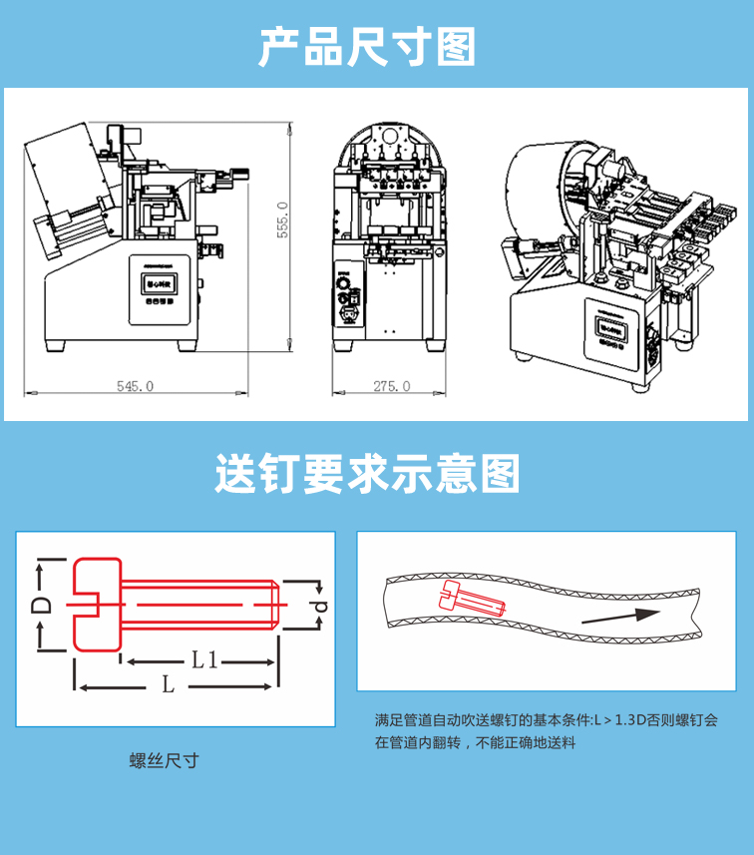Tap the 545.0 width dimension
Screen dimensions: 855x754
pyautogui.click(x=135, y=386)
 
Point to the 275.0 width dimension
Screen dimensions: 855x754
pyautogui.click(x=391, y=386)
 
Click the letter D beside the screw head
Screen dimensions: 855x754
pyautogui.click(x=42, y=605)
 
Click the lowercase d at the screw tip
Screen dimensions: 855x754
pyautogui.click(x=318, y=606)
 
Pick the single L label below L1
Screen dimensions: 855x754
pyautogui.click(x=169, y=685)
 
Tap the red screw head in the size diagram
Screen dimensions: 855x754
pyautogui.click(x=96, y=605)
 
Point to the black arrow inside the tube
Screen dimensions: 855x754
pyautogui.click(x=619, y=616)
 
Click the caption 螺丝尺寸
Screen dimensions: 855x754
pyautogui.click(x=165, y=761)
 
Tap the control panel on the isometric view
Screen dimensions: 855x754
pyautogui.click(x=609, y=330)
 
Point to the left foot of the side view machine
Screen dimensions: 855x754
pyautogui.click(x=55, y=345)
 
